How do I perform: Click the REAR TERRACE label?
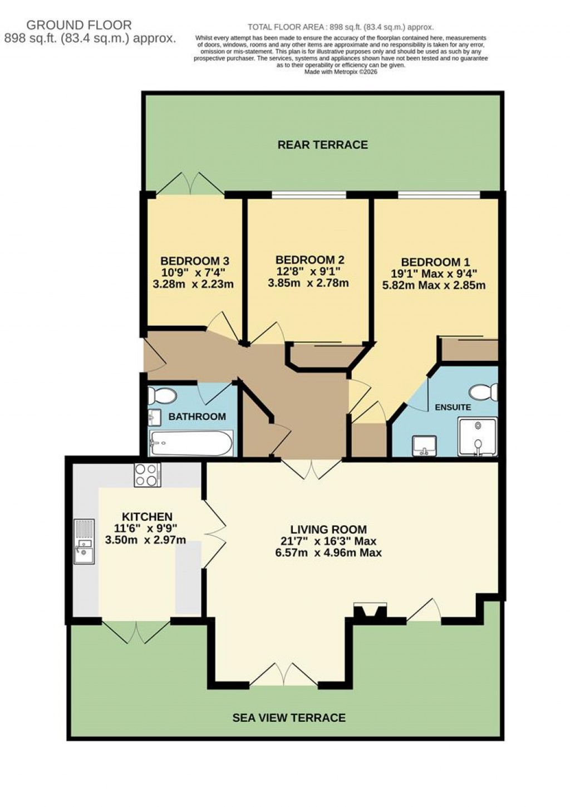[x=323, y=145]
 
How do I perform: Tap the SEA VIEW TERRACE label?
[x=289, y=718]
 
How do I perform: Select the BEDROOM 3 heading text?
[x=195, y=261]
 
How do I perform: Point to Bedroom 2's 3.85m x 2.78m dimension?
[x=309, y=283]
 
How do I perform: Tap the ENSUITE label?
[x=453, y=407]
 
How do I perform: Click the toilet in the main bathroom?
[x=162, y=396]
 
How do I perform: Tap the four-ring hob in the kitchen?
[x=148, y=475]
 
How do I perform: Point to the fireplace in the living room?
[x=370, y=612]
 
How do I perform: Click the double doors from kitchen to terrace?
[x=137, y=630]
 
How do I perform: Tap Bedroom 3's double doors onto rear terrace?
[x=190, y=184]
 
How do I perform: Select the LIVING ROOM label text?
[x=328, y=530]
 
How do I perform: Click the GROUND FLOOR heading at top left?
[x=79, y=25]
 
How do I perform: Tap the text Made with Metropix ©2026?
[x=341, y=72]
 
